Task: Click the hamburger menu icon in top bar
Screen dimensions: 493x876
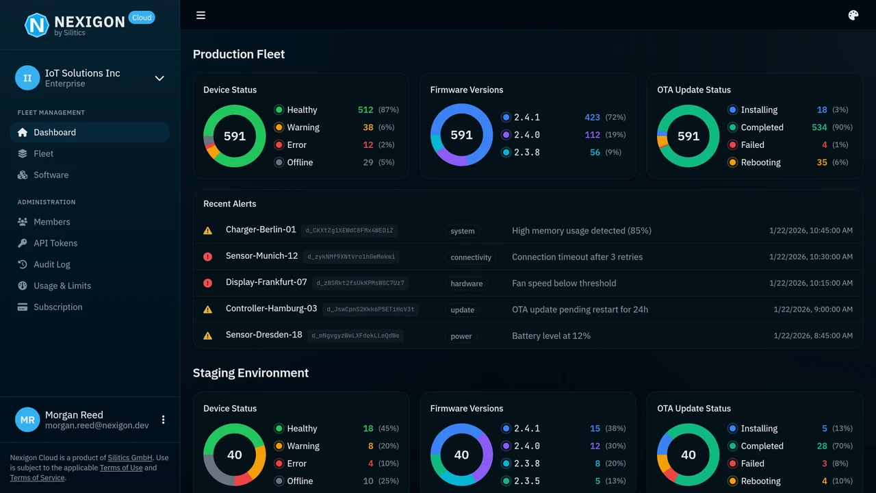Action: (x=201, y=15)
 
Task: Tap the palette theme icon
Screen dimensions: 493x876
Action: (x=853, y=15)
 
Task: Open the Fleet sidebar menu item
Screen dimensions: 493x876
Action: (x=43, y=153)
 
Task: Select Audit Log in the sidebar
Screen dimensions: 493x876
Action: (x=52, y=264)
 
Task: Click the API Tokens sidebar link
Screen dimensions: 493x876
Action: (x=55, y=243)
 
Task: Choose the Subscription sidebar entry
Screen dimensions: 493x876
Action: (x=57, y=307)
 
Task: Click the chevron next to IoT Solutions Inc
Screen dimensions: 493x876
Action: (x=159, y=78)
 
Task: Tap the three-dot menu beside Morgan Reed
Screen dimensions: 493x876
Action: (x=163, y=420)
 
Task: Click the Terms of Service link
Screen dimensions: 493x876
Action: (x=37, y=478)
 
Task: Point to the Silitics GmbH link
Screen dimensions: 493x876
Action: (x=130, y=458)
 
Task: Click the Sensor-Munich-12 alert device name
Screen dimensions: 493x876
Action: (x=261, y=256)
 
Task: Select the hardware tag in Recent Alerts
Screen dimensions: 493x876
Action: (x=466, y=283)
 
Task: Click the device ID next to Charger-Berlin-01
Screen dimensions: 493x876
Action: (x=350, y=231)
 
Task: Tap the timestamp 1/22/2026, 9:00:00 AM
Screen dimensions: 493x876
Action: (x=813, y=309)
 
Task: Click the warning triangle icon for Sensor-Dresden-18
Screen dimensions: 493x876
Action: (x=208, y=336)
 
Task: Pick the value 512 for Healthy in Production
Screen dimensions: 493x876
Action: (x=365, y=110)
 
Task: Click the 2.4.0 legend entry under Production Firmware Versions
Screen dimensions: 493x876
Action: (x=526, y=135)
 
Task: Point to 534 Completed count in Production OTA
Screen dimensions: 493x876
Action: (x=819, y=127)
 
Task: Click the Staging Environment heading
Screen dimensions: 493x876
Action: (x=250, y=373)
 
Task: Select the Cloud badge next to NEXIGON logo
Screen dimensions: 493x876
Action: (x=142, y=18)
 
